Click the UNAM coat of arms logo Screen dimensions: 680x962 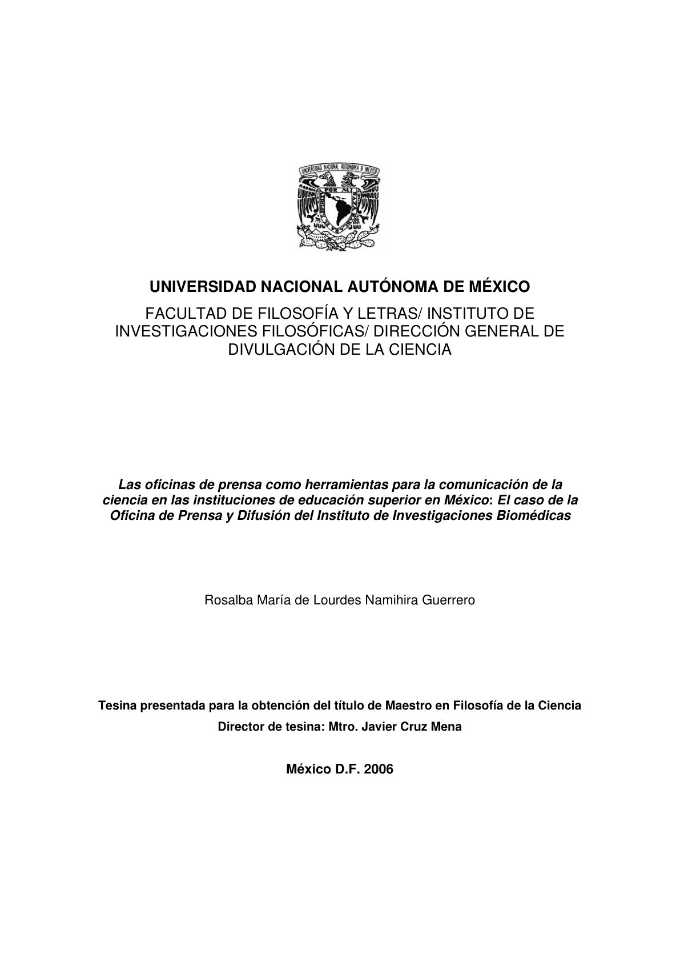[x=339, y=207]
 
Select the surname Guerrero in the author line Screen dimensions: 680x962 [x=449, y=600]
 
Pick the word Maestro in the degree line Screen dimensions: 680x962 [x=408, y=706]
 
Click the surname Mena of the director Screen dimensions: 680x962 [x=448, y=727]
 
